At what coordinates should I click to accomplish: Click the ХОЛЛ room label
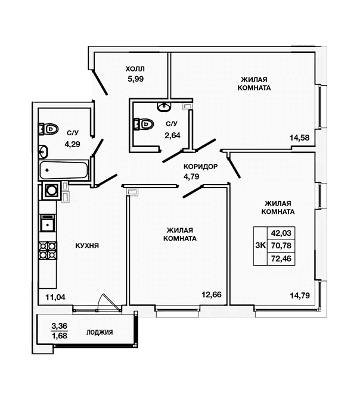pyautogui.click(x=135, y=68)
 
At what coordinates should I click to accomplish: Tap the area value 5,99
pyautogui.click(x=135, y=79)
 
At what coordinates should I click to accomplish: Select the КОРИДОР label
pyautogui.click(x=200, y=167)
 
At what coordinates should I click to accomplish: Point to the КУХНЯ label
pyautogui.click(x=87, y=245)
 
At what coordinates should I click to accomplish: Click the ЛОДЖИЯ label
pyautogui.click(x=100, y=332)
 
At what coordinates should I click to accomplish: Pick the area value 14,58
pyautogui.click(x=299, y=138)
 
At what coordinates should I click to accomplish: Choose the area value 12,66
pyautogui.click(x=212, y=295)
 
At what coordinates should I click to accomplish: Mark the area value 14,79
pyautogui.click(x=300, y=295)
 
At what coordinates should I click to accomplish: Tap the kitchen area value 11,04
pyautogui.click(x=55, y=297)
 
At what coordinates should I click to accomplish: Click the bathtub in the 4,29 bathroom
pyautogui.click(x=64, y=170)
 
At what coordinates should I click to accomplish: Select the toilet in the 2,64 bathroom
pyautogui.click(x=144, y=124)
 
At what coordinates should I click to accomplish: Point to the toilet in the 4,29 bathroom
pyautogui.click(x=48, y=129)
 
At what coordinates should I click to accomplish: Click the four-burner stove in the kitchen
pyautogui.click(x=48, y=251)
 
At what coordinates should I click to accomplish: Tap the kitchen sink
pyautogui.click(x=48, y=223)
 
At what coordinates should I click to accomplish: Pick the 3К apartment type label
pyautogui.click(x=260, y=245)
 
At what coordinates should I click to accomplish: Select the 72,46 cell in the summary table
pyautogui.click(x=281, y=258)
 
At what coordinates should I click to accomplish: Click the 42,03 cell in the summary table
pyautogui.click(x=281, y=233)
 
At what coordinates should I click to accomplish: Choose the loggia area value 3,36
pyautogui.click(x=59, y=326)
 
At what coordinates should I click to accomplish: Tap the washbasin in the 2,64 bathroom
pyautogui.click(x=163, y=107)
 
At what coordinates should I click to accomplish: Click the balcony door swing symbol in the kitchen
pyautogui.click(x=109, y=303)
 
